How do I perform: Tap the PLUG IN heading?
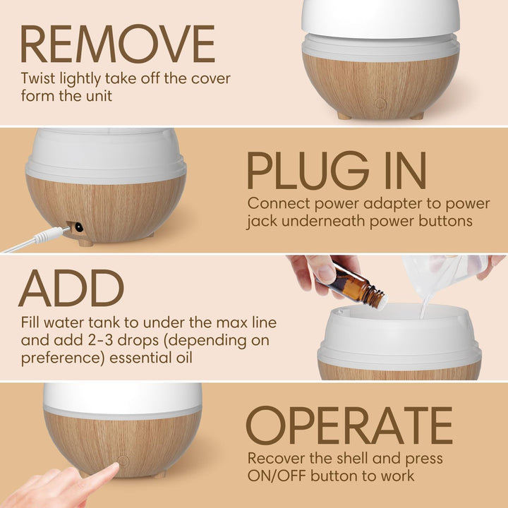coord(337,171)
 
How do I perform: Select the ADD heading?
coord(71,289)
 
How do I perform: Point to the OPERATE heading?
coord(349,425)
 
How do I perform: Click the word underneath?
coord(330,222)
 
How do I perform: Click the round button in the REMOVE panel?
coord(380,104)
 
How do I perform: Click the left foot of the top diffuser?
coord(344,115)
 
